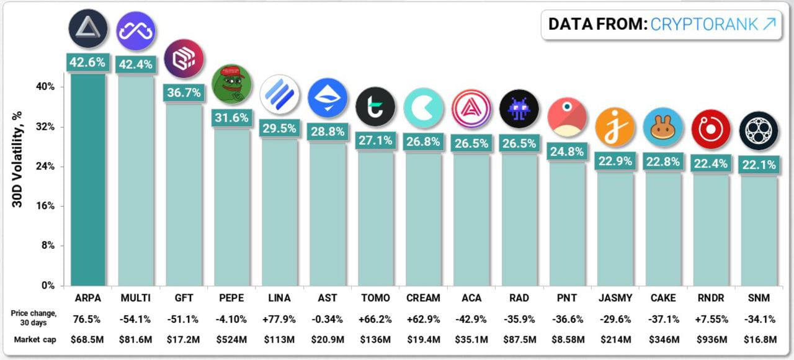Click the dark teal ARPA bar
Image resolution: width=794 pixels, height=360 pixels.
click(x=87, y=180)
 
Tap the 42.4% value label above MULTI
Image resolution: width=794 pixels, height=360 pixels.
click(x=135, y=64)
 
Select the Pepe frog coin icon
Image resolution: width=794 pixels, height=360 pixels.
click(x=231, y=83)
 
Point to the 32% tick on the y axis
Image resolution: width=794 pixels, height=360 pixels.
click(x=45, y=127)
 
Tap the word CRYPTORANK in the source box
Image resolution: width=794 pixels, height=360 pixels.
click(x=704, y=24)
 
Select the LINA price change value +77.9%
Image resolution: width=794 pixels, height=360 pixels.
click(x=279, y=320)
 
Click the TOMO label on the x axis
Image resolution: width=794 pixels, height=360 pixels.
click(x=375, y=299)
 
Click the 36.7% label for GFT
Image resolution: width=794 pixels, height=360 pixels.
click(x=184, y=92)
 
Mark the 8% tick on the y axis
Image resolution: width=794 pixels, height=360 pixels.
click(x=47, y=246)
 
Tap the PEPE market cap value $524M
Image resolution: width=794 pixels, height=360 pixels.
click(x=231, y=340)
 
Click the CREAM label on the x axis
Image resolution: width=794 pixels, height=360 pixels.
click(x=423, y=299)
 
